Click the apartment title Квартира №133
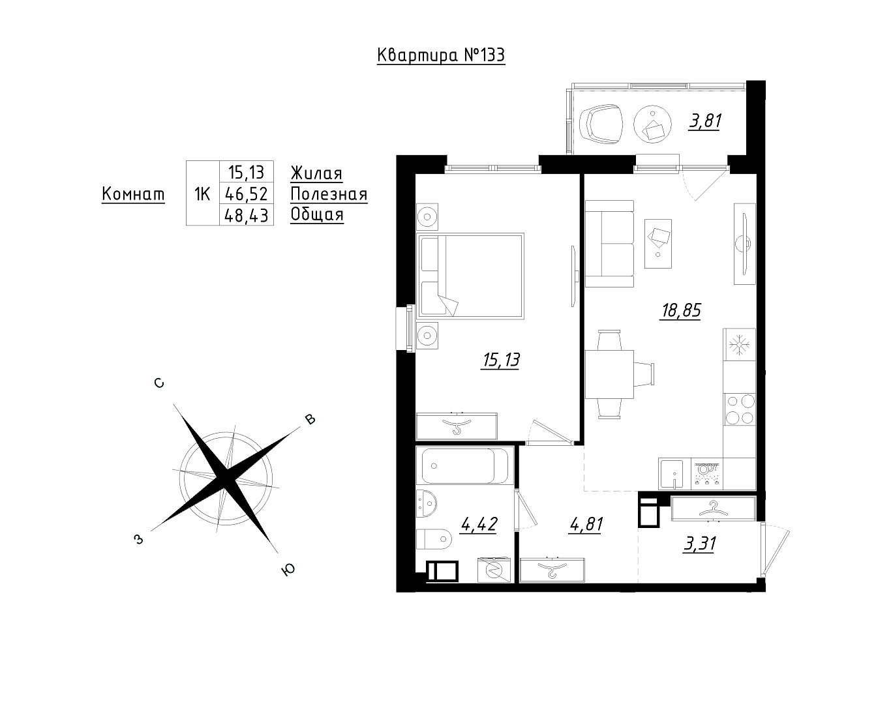441,55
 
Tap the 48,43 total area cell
247,216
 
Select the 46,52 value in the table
247,194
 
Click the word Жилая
316,173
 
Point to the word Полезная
329,194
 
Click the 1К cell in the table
202,194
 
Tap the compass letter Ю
288,570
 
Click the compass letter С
159,383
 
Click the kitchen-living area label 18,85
681,310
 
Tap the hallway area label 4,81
586,525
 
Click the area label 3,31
699,544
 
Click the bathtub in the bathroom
465,466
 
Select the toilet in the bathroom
434,540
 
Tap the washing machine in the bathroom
494,570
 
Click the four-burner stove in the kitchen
740,409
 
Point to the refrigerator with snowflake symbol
740,344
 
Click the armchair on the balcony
601,125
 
